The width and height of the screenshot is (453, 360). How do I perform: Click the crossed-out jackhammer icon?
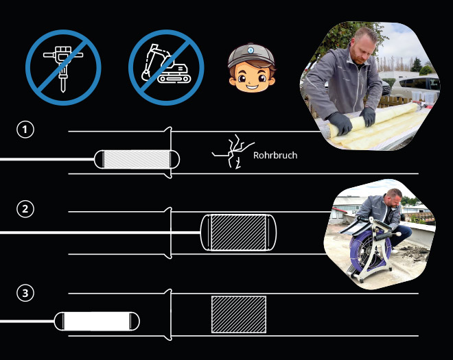click(x=63, y=68)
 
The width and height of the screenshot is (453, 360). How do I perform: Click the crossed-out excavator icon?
click(x=166, y=68)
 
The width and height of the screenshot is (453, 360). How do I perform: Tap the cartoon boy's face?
click(x=252, y=77)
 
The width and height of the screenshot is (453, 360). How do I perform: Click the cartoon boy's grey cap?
click(x=251, y=56)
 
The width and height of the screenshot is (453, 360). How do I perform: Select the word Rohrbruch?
click(x=275, y=156)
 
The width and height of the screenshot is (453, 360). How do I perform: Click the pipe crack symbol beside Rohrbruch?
click(x=233, y=152)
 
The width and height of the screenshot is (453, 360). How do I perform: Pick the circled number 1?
click(x=25, y=130)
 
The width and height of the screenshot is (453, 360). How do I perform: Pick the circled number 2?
click(x=25, y=208)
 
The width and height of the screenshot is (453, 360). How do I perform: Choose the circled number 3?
click(x=25, y=293)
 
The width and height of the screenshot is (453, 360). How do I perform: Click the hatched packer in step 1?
click(x=137, y=159)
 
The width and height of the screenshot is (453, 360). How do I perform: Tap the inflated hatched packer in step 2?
click(x=238, y=232)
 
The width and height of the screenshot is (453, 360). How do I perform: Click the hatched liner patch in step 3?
click(x=239, y=314)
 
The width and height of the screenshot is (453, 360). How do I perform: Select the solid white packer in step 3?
click(x=97, y=322)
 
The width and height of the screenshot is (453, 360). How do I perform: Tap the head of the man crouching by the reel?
click(x=393, y=197)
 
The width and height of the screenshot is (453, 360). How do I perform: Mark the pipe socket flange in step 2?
click(x=169, y=233)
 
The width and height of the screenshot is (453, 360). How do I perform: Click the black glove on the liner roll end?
click(x=340, y=123)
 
